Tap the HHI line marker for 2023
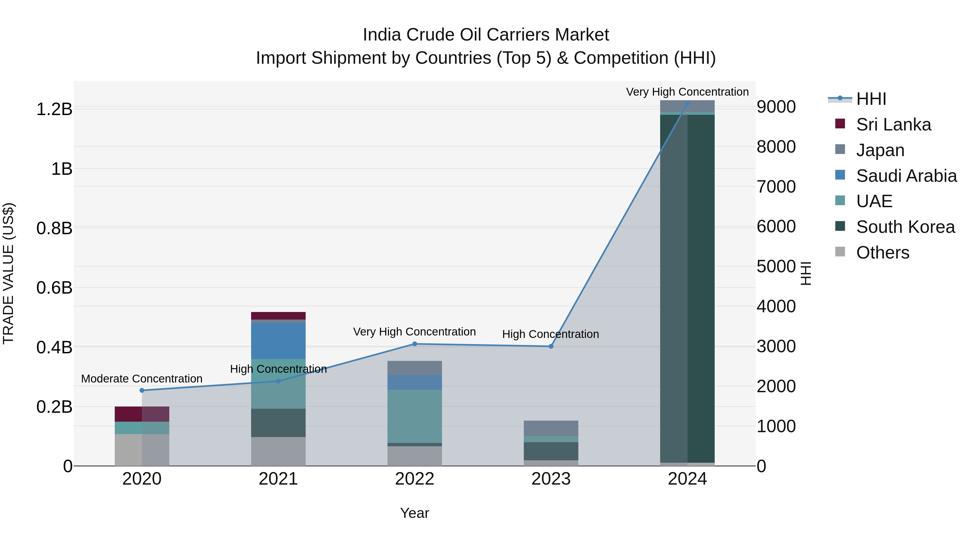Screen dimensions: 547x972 [x=551, y=346]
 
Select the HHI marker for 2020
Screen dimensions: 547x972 [x=142, y=390]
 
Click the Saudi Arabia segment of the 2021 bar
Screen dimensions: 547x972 [x=278, y=341]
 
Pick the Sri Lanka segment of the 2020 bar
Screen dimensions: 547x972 [x=142, y=414]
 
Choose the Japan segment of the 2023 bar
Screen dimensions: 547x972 [x=551, y=428]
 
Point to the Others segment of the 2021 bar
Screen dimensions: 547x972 [x=278, y=451]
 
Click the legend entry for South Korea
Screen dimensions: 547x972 [x=905, y=227]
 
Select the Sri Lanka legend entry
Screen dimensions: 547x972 [x=893, y=125]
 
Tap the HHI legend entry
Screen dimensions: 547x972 [x=871, y=99]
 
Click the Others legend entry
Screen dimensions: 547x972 [x=883, y=253]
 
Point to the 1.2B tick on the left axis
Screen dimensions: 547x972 [x=54, y=109]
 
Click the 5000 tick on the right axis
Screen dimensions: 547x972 [x=776, y=267]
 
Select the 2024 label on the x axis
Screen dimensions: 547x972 [x=687, y=479]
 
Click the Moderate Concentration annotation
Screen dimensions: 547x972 [x=142, y=379]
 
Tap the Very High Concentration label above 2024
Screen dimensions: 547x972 [x=687, y=92]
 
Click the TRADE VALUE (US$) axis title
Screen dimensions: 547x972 [x=8, y=273]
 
